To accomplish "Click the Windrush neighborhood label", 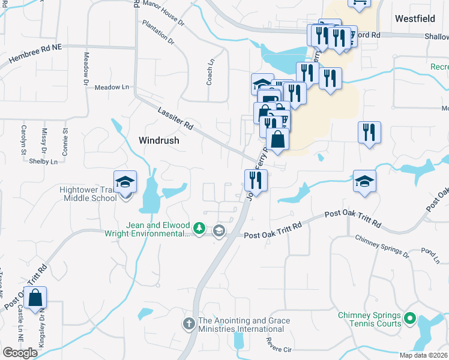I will pos(159,140).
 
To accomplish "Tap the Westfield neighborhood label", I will pos(415,19).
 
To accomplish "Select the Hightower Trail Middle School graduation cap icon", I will pos(125,182).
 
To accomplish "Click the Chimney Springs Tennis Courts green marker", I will pos(411,318).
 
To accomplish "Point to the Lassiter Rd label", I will pos(176,119).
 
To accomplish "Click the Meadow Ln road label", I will pos(112,88).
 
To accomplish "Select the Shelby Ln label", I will pos(43,161).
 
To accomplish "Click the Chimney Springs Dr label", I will pos(382,247).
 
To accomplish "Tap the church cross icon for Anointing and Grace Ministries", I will pos(188,324).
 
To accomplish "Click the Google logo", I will pos(20,353).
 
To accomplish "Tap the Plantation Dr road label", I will pos(158,32).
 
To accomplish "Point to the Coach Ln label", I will pos(210,71).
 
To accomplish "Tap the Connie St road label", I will pos(66,137).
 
